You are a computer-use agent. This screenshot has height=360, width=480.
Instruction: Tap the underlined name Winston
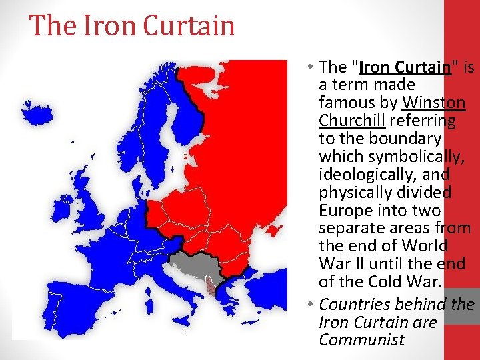(434, 103)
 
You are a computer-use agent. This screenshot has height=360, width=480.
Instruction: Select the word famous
(347, 103)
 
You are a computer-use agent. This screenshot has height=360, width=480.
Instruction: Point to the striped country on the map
(211, 287)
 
